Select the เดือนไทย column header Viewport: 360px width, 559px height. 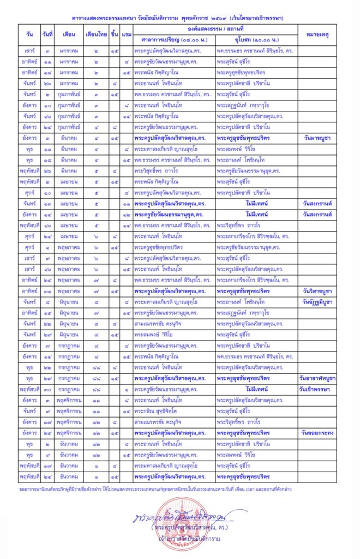coord(97,34)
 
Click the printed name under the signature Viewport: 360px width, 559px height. coord(180,529)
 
